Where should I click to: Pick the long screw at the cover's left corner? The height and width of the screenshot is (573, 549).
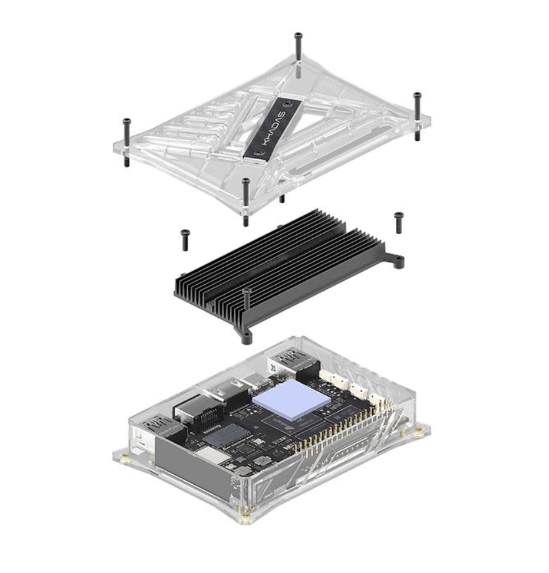tap(126, 132)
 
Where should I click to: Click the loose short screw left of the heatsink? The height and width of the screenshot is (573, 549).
tap(185, 238)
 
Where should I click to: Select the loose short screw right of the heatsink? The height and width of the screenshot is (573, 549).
tap(398, 222)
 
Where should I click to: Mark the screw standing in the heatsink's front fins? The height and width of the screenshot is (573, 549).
tap(247, 299)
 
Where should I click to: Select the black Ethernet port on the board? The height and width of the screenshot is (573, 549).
tap(192, 411)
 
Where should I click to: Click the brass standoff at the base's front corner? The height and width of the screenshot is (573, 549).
tap(247, 520)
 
